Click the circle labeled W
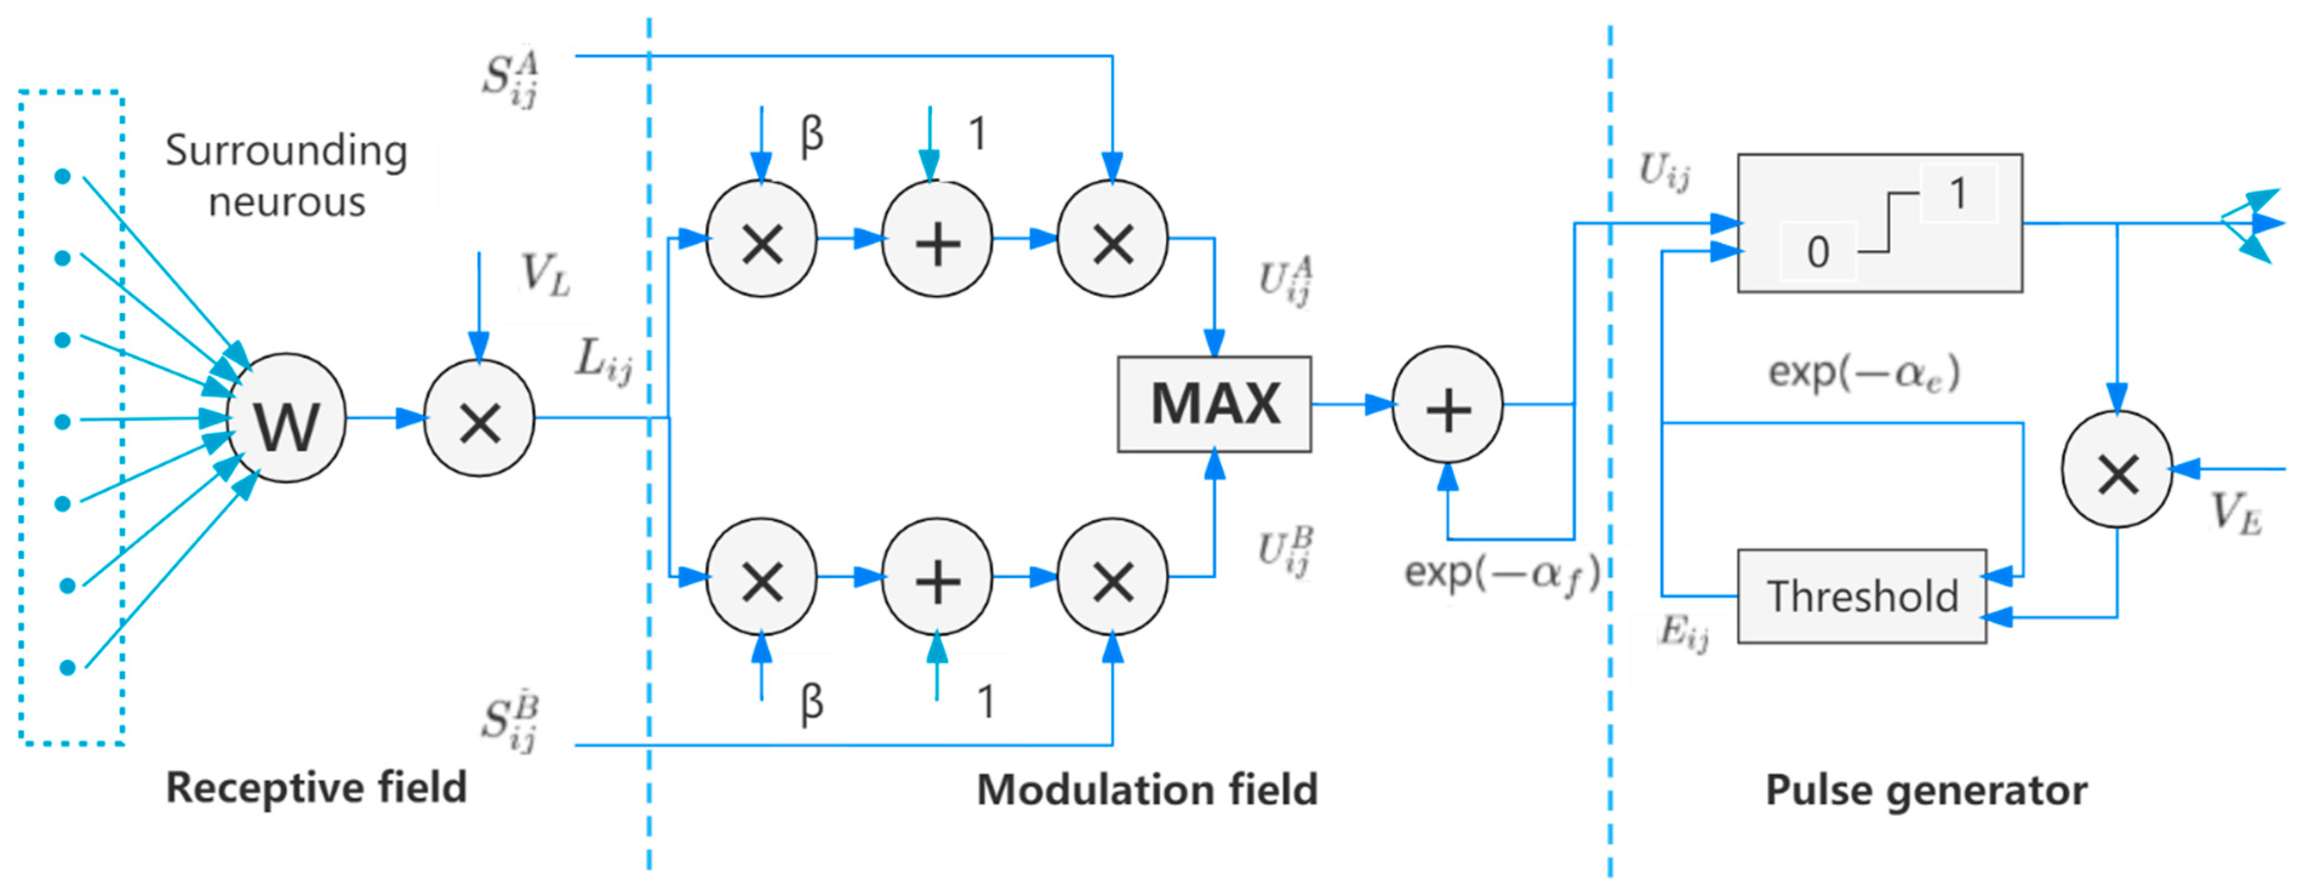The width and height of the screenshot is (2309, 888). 286,418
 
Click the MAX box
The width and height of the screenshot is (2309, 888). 1214,404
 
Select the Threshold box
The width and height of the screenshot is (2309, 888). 1862,596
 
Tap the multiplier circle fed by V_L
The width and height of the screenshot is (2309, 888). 479,418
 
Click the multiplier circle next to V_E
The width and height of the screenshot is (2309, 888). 2116,470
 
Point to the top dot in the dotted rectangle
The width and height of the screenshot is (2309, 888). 63,176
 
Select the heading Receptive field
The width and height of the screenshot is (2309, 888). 316,787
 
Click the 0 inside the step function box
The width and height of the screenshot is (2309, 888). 1818,252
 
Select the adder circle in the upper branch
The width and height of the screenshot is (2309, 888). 937,239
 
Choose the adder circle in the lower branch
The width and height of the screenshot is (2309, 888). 937,578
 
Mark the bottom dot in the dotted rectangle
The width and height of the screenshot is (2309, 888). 67,667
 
